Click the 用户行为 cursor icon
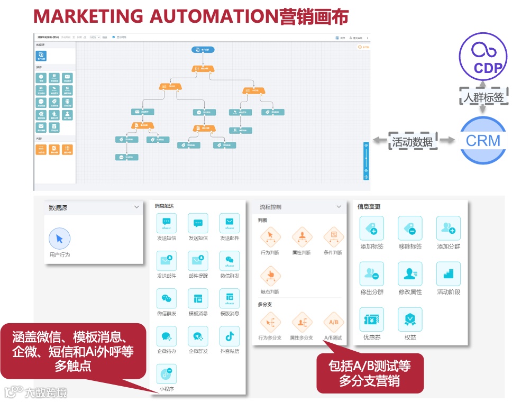pyautogui.click(x=59, y=239)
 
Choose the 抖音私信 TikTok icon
pyautogui.click(x=230, y=336)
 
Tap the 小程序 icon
pyautogui.click(x=167, y=374)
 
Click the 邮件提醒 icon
pyautogui.click(x=198, y=261)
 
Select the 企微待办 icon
pyautogui.click(x=167, y=336)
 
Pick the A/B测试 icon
pyautogui.click(x=334, y=322)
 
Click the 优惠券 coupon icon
pyautogui.click(x=372, y=319)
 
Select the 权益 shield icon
pyautogui.click(x=410, y=319)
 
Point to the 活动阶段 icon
pyautogui.click(x=448, y=274)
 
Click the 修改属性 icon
pyautogui.click(x=410, y=274)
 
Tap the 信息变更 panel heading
pyautogui.click(x=369, y=207)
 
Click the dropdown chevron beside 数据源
pyautogui.click(x=136, y=207)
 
